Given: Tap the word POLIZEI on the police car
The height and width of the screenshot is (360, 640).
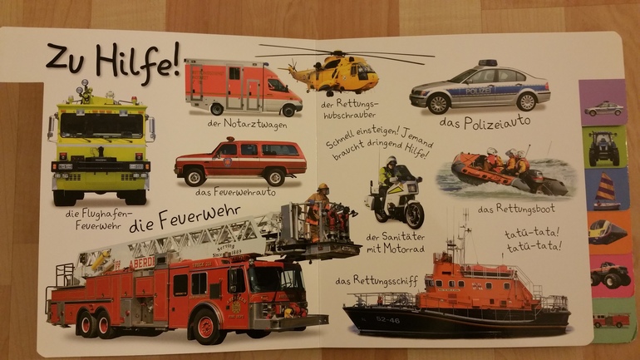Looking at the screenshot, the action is point(478,91).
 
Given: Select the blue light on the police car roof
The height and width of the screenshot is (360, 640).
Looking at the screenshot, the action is point(488,63).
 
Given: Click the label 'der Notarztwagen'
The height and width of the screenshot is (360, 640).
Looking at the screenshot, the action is point(247,124).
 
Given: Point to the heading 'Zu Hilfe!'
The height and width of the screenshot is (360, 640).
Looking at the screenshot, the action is point(113,61).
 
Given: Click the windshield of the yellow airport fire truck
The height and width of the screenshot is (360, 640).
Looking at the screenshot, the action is point(101,126).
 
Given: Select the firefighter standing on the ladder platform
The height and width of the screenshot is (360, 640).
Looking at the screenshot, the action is point(318,211).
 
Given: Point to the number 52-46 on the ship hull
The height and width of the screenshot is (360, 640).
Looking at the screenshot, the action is point(388,320).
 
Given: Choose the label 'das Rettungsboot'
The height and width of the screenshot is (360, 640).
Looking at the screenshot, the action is point(516,210).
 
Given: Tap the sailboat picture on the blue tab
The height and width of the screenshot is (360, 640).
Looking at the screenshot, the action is point(606,191).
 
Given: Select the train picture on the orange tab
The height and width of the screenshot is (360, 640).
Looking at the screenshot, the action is point(607,232).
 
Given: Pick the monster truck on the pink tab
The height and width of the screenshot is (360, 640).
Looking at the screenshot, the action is point(610,274).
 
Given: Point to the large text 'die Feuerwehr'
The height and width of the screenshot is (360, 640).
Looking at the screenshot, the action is point(185,219).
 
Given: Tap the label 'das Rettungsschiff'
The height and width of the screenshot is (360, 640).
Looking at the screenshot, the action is point(377,280).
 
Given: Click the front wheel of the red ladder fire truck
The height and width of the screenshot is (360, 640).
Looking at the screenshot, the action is point(206,327).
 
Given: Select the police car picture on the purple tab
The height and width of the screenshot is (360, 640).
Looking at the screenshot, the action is point(603,109).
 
